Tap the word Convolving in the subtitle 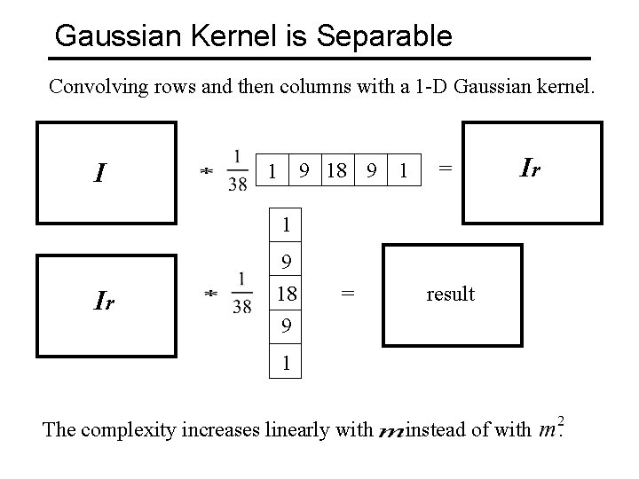pos(92,87)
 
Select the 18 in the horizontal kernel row pos(336,169)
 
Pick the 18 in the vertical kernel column pos(286,294)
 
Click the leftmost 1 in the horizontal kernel pos(273,169)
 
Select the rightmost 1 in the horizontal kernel pos(404,169)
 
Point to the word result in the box pos(450,294)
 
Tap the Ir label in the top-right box pos(531,166)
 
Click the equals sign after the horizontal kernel pos(446,166)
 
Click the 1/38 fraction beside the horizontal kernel pos(237,169)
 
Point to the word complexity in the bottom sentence pos(125,431)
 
